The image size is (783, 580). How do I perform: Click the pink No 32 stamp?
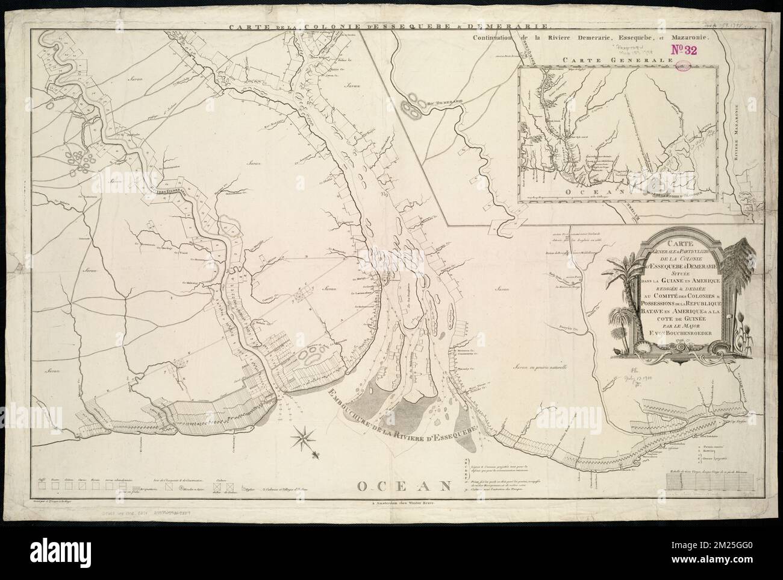tap(682, 51)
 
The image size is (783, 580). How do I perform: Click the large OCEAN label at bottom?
tap(404, 486)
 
